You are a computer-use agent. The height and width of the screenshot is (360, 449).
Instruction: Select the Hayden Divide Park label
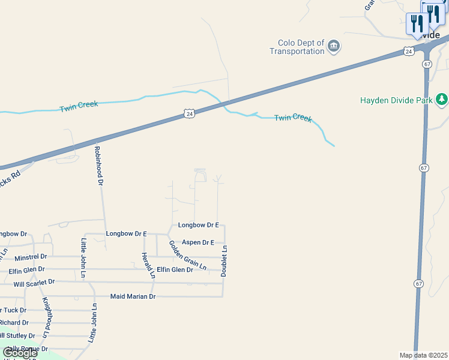[x=396, y=100]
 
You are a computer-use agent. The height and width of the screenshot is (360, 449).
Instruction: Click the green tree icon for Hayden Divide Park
[x=442, y=98]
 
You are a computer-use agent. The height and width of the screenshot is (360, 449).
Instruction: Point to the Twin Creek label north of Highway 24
[x=79, y=107]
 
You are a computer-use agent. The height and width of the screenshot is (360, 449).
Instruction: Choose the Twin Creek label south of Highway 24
[x=293, y=118]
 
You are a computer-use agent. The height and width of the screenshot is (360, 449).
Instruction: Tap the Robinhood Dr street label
[x=99, y=164]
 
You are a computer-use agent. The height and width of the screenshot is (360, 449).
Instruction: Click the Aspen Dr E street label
[x=198, y=242]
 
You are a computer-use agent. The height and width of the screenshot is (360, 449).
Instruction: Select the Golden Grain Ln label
[x=187, y=255]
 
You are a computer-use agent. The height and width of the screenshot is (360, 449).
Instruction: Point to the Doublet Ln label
[x=224, y=261]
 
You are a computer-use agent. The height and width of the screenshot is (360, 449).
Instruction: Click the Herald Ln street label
[x=148, y=266]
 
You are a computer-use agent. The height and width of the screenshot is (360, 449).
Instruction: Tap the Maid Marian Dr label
[x=133, y=296]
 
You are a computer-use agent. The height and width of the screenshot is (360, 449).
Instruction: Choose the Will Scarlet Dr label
[x=34, y=282]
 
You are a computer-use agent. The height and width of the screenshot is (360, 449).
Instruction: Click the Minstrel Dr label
[x=31, y=257]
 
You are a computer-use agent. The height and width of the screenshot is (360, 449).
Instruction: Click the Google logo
[x=19, y=353]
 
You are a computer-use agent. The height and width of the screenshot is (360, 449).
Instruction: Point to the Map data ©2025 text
[x=424, y=355]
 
